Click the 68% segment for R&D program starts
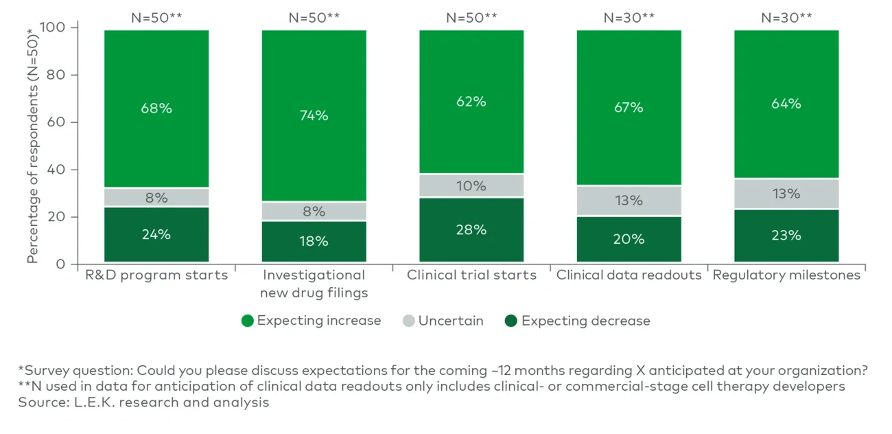[x=156, y=108]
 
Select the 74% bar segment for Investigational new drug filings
[x=314, y=115]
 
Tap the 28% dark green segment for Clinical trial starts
[x=471, y=229]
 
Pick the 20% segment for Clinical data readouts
[x=629, y=239]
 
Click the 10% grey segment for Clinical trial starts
[x=471, y=185]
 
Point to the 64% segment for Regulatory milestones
[x=786, y=104]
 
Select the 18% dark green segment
[x=314, y=241]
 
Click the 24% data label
[x=156, y=234]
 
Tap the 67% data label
[x=629, y=107]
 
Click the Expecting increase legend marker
[x=248, y=321]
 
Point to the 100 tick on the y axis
[x=57, y=27]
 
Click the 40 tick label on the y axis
[x=60, y=170]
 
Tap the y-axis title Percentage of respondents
[x=32, y=146]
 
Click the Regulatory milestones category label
[x=786, y=275]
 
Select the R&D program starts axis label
[x=156, y=275]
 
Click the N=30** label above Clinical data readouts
[x=629, y=18]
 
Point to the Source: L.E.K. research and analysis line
[x=143, y=402]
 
